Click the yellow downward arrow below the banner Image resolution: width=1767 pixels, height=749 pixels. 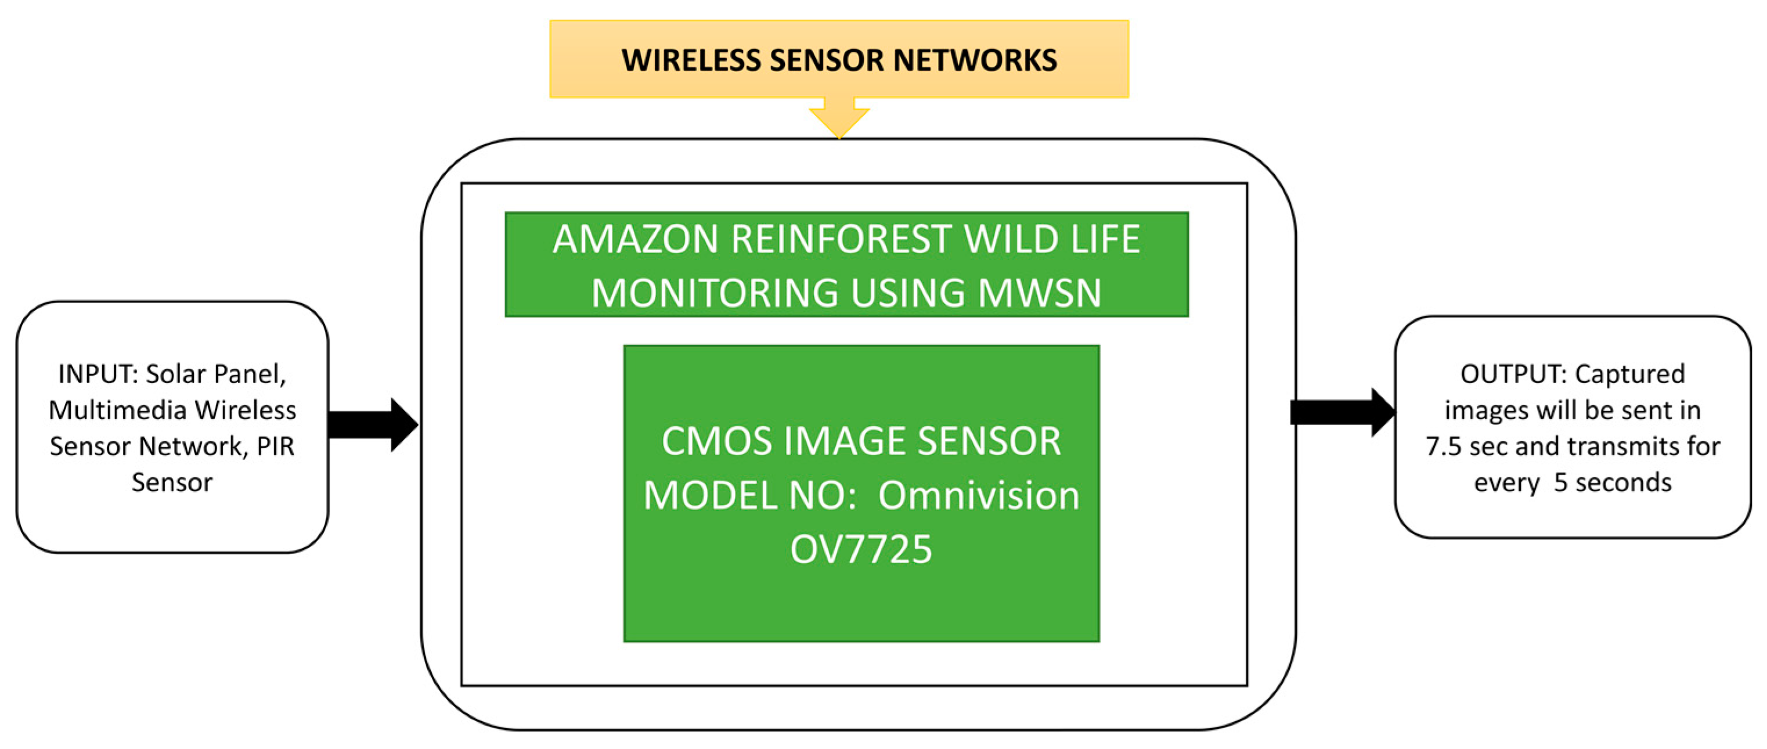coord(839,118)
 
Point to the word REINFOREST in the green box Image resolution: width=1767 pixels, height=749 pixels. coord(841,239)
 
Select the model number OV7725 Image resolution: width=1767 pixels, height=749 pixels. coord(861,549)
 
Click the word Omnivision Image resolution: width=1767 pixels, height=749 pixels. coord(979,495)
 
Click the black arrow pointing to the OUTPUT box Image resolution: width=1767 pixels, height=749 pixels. coord(1342,412)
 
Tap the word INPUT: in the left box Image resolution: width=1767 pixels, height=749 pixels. coord(98,374)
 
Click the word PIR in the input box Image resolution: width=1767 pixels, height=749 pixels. coord(275,446)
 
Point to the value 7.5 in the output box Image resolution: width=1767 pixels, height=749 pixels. coord(1443,446)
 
